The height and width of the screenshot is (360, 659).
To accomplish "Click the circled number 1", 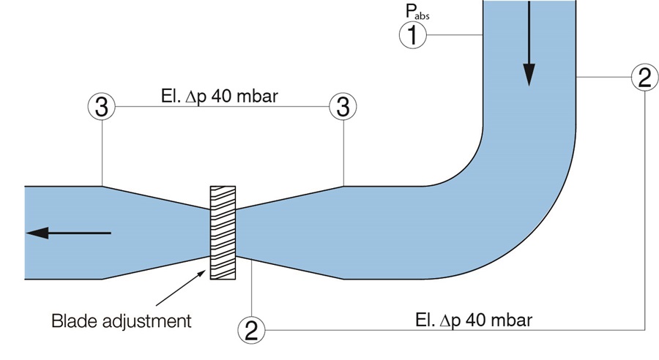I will (413, 34).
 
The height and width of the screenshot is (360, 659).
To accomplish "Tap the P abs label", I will (414, 10).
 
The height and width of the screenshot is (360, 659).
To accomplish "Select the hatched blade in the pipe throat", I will (224, 233).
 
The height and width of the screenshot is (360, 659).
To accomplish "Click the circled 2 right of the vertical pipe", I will (643, 77).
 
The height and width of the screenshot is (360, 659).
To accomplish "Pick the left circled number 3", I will (102, 107).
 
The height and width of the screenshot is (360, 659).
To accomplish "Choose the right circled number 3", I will (341, 107).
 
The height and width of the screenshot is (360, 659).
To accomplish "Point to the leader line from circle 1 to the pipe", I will (454, 34).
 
